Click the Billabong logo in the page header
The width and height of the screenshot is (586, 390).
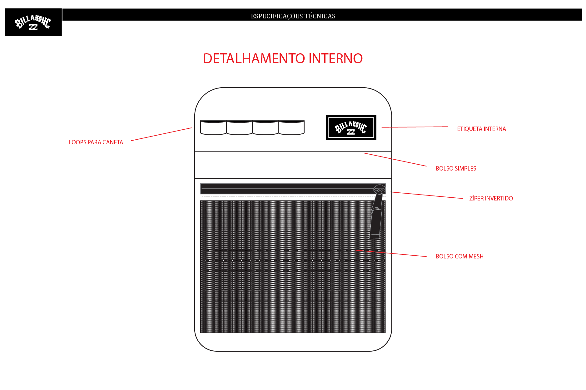point(33,22)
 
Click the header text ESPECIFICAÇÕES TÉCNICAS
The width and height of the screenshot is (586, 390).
point(293,16)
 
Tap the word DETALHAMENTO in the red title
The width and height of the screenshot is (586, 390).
point(254,58)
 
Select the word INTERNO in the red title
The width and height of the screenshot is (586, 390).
point(335,58)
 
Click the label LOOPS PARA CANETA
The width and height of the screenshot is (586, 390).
point(96,142)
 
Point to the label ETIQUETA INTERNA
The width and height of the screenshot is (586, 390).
point(481,129)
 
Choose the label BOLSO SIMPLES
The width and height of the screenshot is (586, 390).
point(456,169)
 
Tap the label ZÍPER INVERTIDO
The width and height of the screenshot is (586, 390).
point(491,199)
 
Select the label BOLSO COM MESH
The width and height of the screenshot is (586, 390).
point(459,257)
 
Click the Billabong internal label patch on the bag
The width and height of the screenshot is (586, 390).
point(351,128)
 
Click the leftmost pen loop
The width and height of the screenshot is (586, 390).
point(213,128)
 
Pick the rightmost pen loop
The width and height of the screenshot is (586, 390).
point(291,128)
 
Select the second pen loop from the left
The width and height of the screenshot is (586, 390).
point(239,128)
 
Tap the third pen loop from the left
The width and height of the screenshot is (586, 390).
point(265,128)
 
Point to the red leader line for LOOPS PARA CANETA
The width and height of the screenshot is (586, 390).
point(161,134)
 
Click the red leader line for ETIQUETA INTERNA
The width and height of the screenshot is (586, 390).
point(415,127)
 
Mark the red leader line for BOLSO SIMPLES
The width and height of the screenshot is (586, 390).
point(395,160)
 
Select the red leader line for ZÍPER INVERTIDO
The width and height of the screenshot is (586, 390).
point(426,195)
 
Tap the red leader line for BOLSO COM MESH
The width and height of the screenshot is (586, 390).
point(390,253)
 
